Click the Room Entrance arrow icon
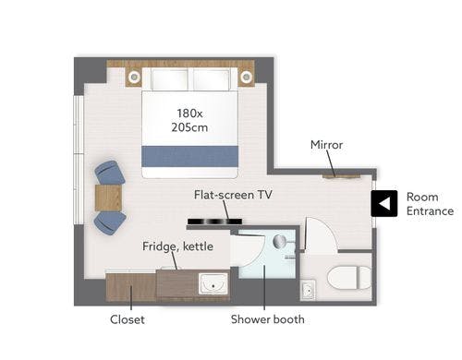(384, 203)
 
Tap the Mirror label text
(326, 145)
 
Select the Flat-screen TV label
(233, 195)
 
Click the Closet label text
(128, 319)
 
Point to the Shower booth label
(268, 319)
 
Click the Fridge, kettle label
(177, 246)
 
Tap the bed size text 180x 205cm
(189, 120)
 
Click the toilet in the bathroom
(349, 278)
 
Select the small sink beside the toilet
(308, 289)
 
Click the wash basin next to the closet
(213, 283)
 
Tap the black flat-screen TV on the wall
(214, 222)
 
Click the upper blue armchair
(110, 173)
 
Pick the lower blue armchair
(110, 222)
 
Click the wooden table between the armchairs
(108, 198)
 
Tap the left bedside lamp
(134, 77)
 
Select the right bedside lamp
(247, 77)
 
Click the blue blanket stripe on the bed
(189, 157)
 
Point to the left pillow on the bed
(169, 79)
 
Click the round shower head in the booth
(280, 241)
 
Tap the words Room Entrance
(430, 204)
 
